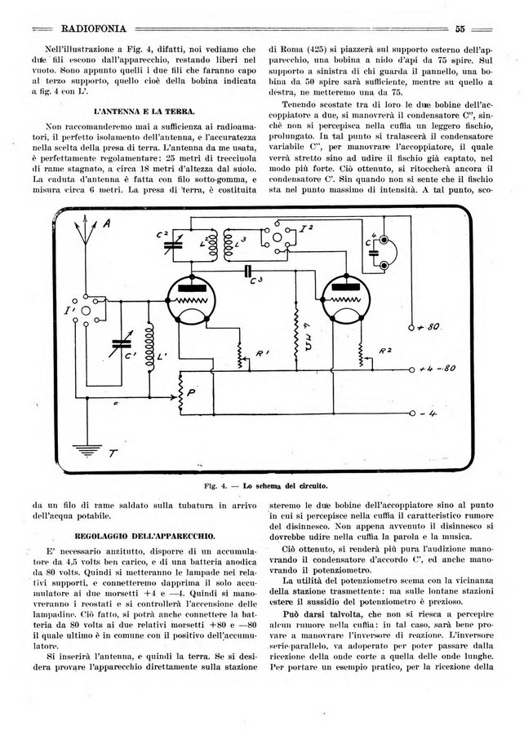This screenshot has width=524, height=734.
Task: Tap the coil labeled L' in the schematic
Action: click(x=151, y=343)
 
